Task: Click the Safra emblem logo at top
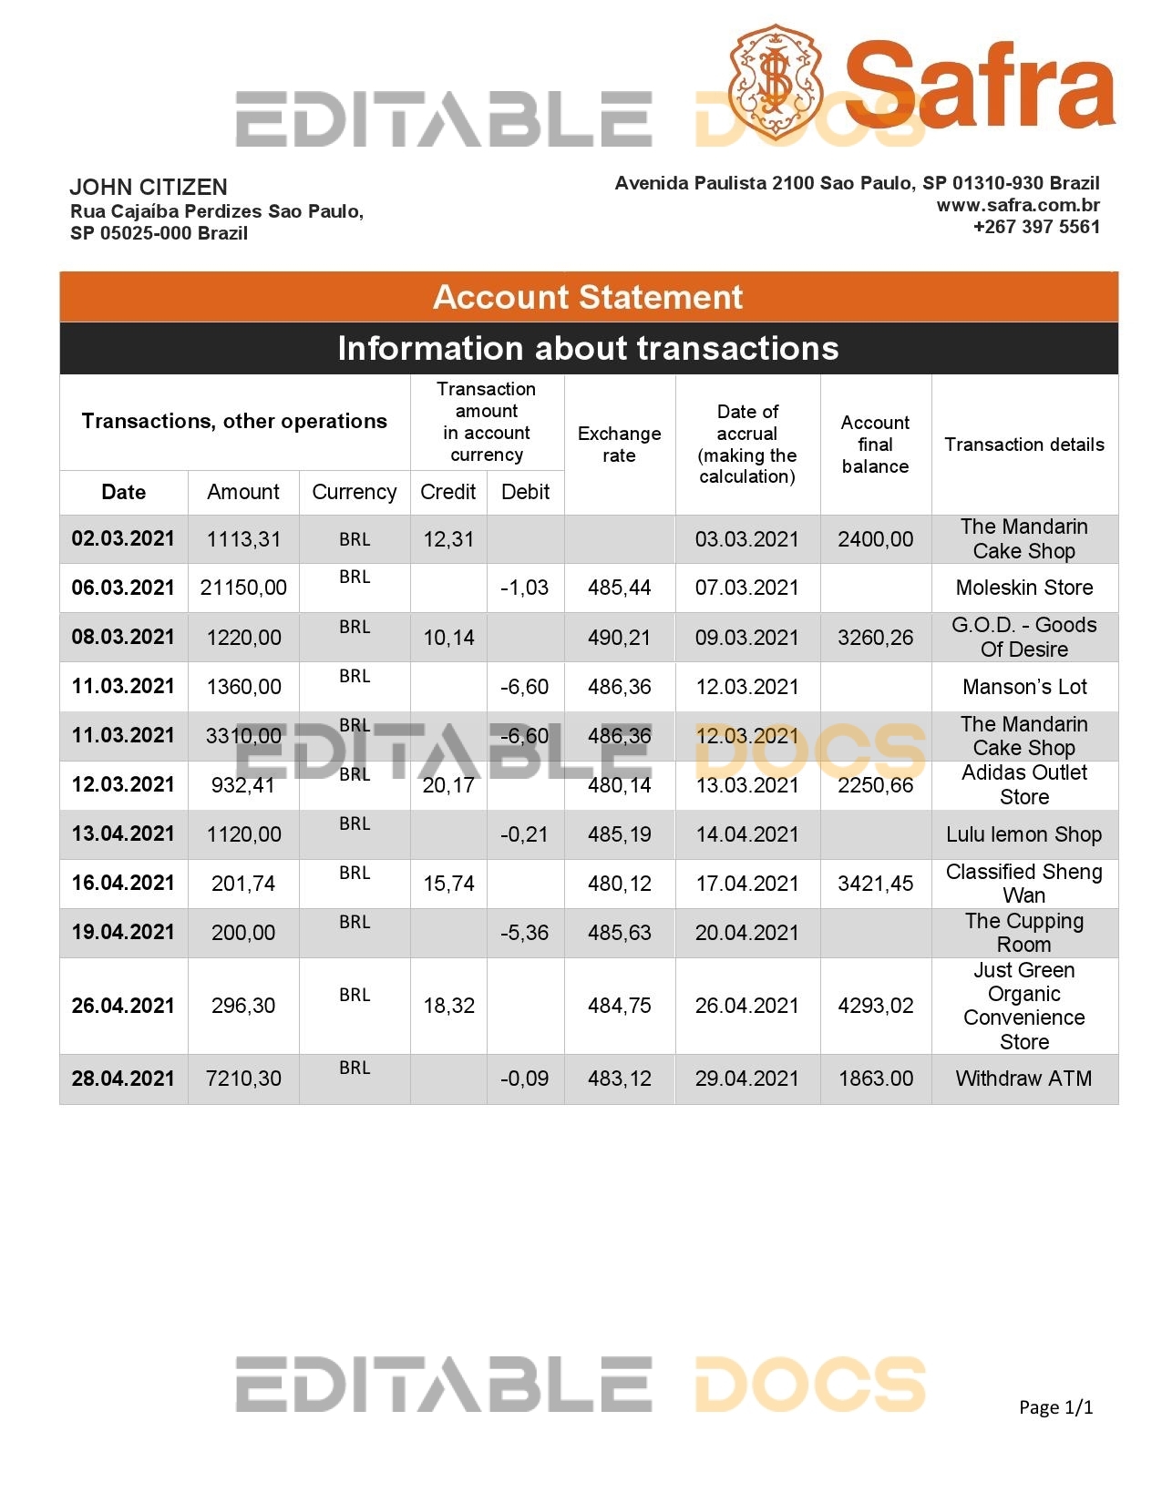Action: [775, 80]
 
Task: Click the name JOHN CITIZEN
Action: [149, 188]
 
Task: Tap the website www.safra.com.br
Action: [1018, 205]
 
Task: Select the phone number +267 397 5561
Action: [1036, 227]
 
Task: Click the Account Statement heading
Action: [588, 297]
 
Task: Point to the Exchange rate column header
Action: [619, 445]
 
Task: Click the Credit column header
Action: [447, 492]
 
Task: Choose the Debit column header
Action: [525, 492]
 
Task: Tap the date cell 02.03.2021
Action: [123, 538]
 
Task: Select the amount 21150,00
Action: [243, 588]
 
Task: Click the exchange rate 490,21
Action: [619, 638]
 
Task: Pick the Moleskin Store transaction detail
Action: [1023, 588]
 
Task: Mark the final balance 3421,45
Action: [875, 883]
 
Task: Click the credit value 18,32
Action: [448, 1006]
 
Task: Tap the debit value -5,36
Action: [525, 933]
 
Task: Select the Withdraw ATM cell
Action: [1023, 1079]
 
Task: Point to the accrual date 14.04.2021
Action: [746, 834]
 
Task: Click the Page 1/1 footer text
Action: [1055, 1407]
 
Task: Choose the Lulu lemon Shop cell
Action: [1023, 834]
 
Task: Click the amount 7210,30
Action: [243, 1079]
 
